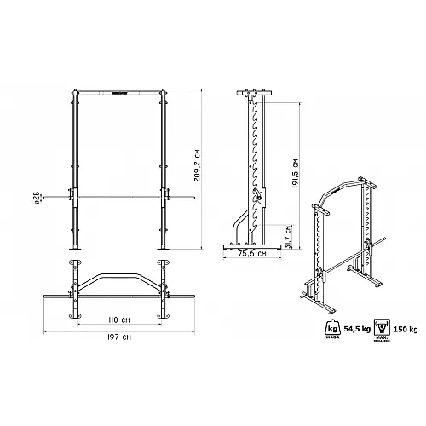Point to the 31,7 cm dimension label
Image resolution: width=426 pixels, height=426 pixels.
click(289, 232)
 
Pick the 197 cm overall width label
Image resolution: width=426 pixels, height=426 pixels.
click(118, 338)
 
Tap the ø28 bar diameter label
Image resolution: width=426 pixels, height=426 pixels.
click(36, 198)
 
